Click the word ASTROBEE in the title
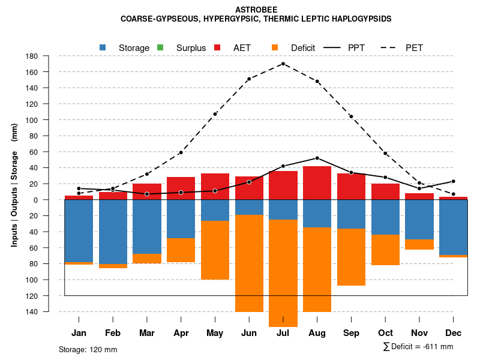(x=256, y=10)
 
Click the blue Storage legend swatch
(x=103, y=47)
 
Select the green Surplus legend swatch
(x=160, y=47)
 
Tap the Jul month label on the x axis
(x=283, y=333)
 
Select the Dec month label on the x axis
(x=453, y=333)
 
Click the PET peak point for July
(x=283, y=64)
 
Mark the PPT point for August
(x=317, y=158)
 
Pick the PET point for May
(x=215, y=114)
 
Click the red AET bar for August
(x=317, y=183)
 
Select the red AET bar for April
(x=181, y=188)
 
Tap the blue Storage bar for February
(x=113, y=232)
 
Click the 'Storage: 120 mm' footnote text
(x=88, y=349)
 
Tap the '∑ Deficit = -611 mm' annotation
(x=418, y=347)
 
